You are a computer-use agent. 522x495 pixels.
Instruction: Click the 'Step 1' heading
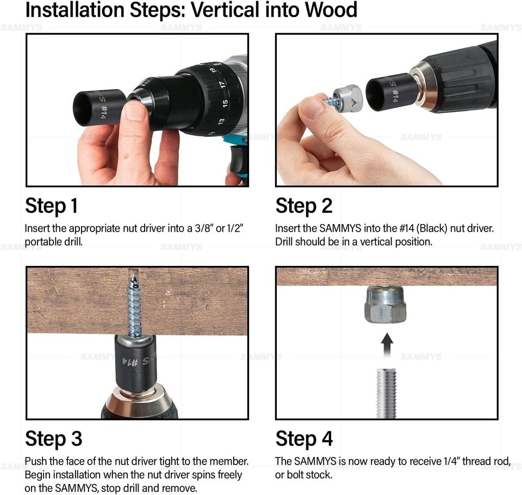coord(52,206)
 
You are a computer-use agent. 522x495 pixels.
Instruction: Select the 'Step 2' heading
coord(304,206)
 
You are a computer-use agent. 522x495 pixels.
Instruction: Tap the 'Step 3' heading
coord(54,439)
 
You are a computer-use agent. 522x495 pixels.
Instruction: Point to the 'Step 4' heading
coord(304,439)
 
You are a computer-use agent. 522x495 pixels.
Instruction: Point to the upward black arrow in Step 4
coord(387,345)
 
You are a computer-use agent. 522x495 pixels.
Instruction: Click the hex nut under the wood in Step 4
coord(386,304)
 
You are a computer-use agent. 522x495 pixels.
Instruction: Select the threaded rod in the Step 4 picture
coord(386,393)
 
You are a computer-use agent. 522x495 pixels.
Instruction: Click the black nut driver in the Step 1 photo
coord(99,107)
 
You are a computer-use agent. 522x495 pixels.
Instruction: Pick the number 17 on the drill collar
coord(222,84)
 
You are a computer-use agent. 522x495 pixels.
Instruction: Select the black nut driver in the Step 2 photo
coord(389,92)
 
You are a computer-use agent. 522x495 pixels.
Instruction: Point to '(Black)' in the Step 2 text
coord(433,229)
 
